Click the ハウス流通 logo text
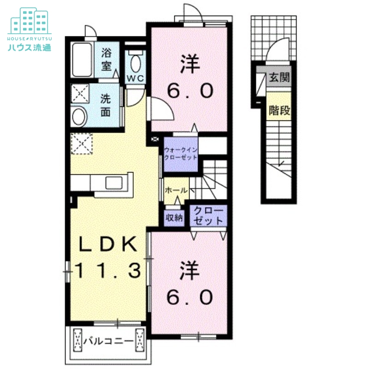click(30, 48)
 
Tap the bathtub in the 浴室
click(82, 60)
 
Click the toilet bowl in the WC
click(136, 62)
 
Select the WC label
click(135, 78)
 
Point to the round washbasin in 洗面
click(79, 116)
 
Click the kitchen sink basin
click(114, 183)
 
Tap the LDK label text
click(108, 244)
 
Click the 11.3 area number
click(108, 270)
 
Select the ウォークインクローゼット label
click(180, 154)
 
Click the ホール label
click(177, 190)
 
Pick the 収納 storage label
click(174, 218)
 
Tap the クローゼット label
click(208, 216)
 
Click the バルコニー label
click(108, 340)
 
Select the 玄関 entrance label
click(279, 77)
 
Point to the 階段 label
click(280, 110)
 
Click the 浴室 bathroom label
click(106, 59)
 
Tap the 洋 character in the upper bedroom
click(190, 64)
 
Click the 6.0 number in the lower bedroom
click(190, 297)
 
